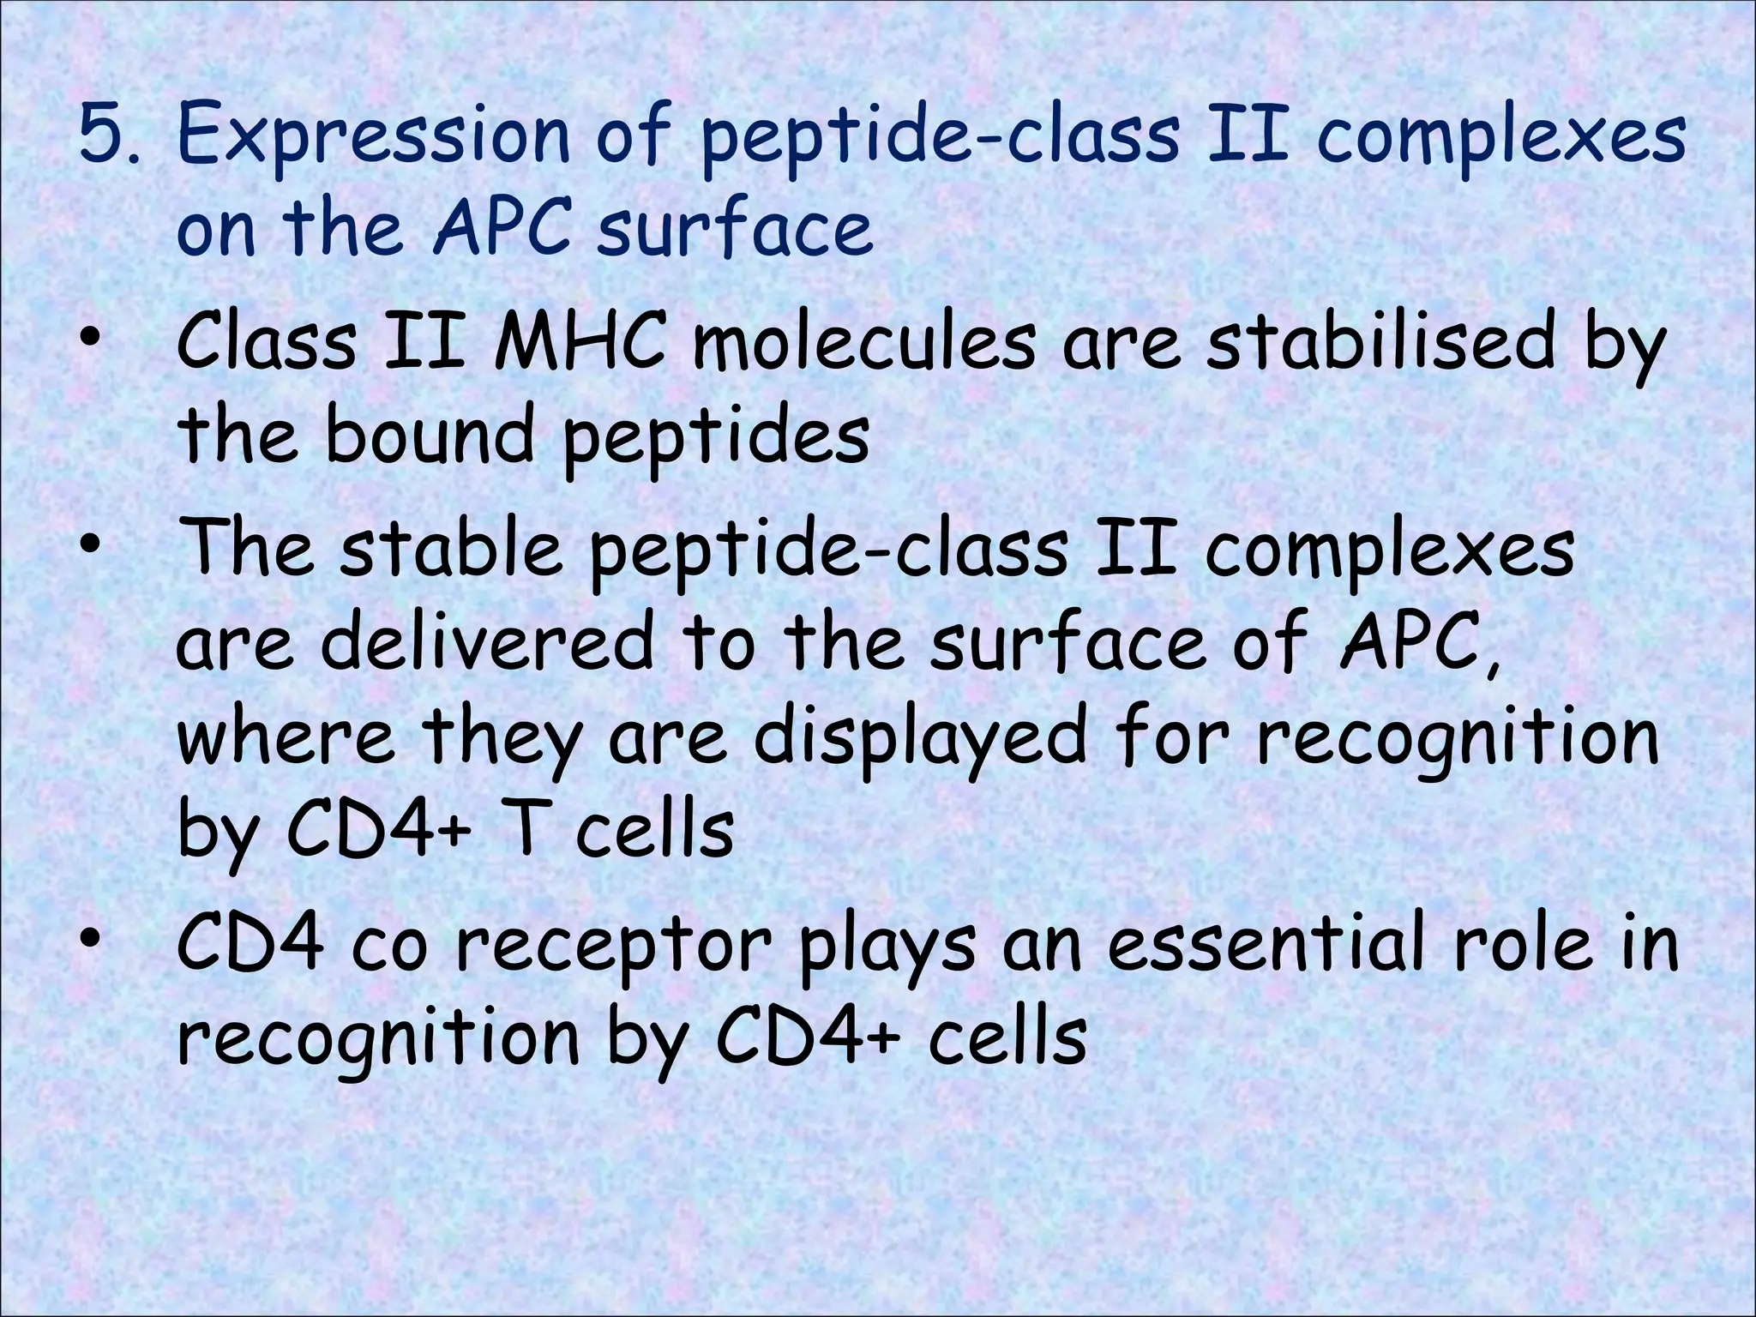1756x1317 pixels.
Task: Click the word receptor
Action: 614,947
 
